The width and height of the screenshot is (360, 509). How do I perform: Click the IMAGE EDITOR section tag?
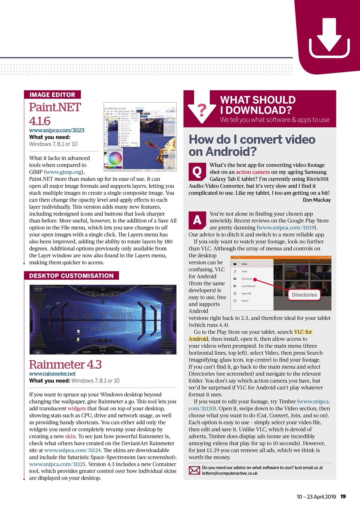pos(52,95)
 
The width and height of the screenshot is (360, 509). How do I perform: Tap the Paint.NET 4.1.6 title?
pos(55,114)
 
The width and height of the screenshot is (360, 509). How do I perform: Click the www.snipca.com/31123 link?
pos(56,130)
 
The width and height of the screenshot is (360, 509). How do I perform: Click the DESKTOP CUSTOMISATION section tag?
pos(71,276)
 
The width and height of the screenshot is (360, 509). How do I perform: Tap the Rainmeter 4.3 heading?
pos(66,364)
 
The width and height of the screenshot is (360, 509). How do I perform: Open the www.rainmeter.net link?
pos(52,374)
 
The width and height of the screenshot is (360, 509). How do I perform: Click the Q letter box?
pos(197,171)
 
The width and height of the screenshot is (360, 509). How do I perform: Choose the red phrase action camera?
pos(252,172)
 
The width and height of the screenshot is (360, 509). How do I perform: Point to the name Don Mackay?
pos(316,200)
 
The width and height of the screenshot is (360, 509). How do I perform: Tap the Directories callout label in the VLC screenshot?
pos(304,295)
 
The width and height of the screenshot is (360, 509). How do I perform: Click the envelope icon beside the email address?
pos(194,470)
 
